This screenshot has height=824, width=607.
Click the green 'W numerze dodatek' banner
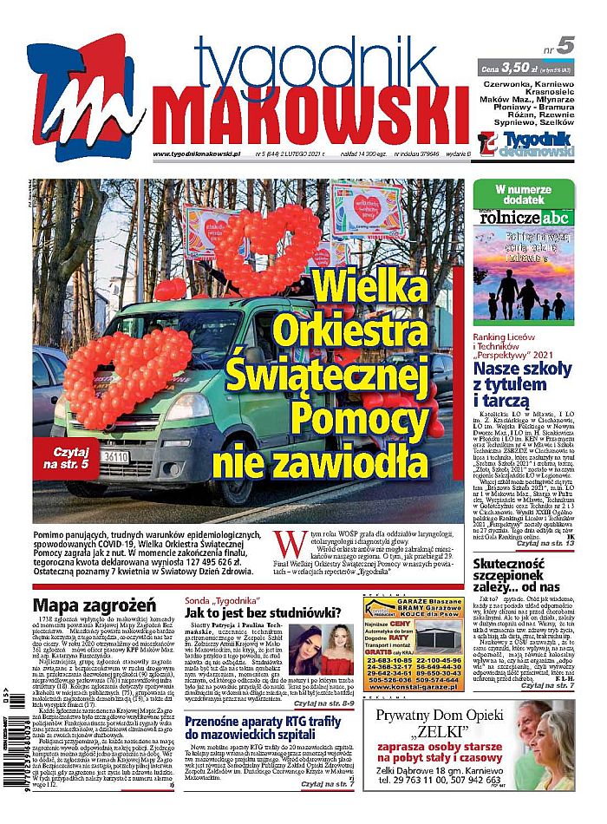tap(524, 193)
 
